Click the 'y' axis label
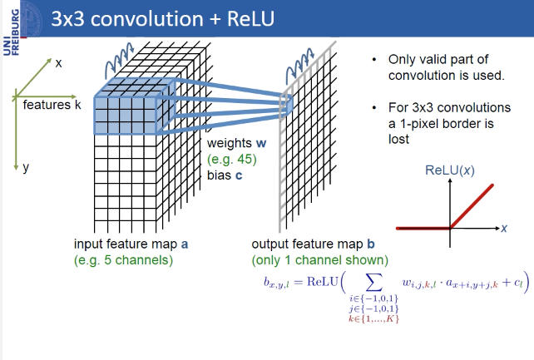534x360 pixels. (x=26, y=167)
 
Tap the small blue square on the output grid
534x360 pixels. (x=285, y=104)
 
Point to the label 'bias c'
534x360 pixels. (x=227, y=175)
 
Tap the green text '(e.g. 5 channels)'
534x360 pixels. (x=123, y=259)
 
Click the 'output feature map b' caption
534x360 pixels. (x=307, y=244)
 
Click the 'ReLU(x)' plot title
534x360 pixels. (x=450, y=170)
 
